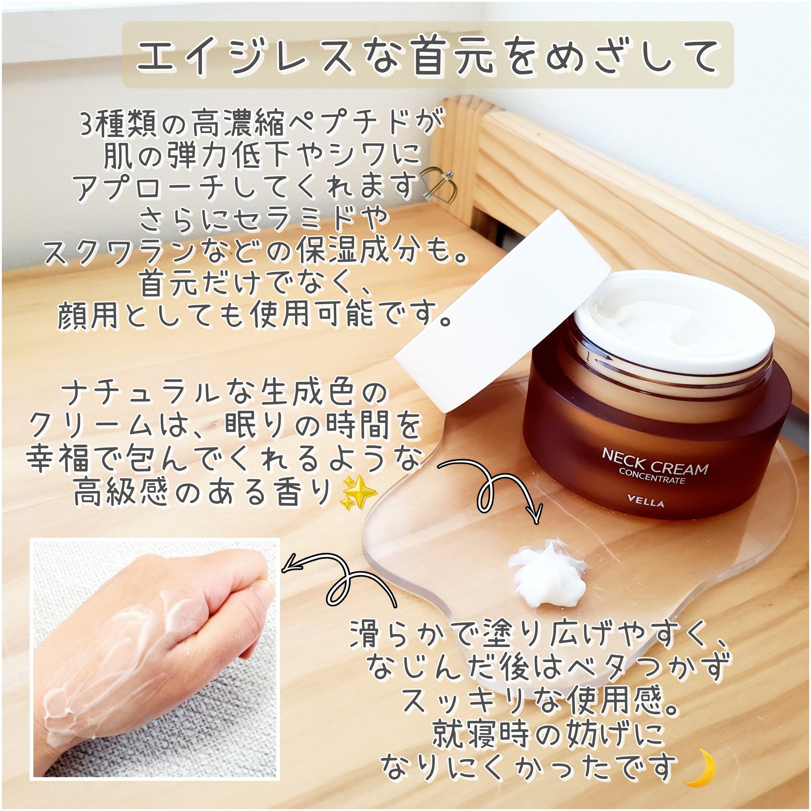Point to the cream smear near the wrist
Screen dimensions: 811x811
[x=63, y=714]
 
